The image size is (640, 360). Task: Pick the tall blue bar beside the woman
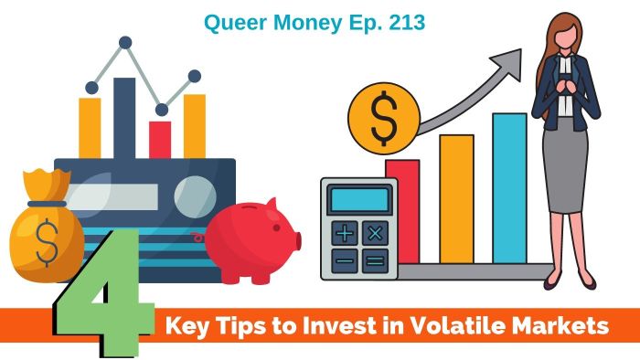(509, 187)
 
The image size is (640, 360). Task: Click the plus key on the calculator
(344, 234)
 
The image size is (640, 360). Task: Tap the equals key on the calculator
(374, 261)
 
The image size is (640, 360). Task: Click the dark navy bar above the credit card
(124, 118)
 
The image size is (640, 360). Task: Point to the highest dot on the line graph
(125, 43)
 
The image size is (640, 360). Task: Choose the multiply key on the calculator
(374, 234)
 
